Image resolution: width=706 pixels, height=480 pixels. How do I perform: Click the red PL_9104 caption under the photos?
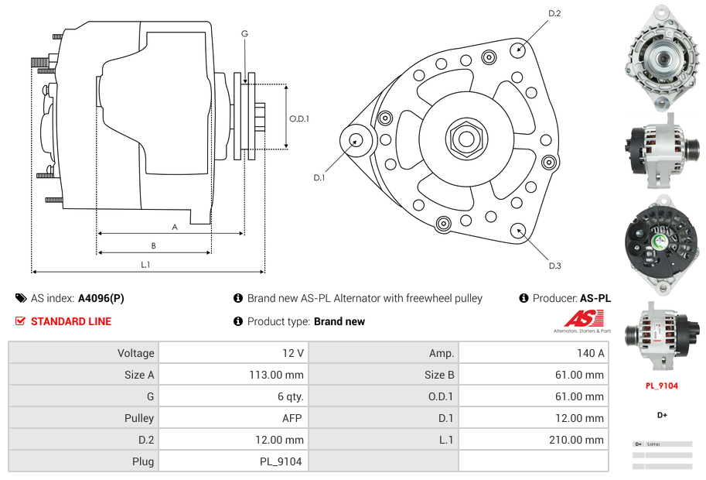[x=661, y=386]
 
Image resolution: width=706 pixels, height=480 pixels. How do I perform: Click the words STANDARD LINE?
[x=71, y=321]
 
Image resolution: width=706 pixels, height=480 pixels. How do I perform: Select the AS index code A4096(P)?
[x=101, y=298]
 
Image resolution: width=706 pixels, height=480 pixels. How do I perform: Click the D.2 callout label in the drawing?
[x=554, y=14]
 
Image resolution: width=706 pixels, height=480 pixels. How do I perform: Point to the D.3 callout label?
[x=554, y=266]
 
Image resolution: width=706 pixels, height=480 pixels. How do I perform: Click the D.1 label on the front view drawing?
[x=319, y=177]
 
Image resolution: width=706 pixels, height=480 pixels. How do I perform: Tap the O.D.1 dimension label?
[x=299, y=118]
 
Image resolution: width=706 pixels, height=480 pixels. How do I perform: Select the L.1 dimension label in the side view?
[x=145, y=265]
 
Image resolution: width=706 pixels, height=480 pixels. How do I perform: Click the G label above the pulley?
[x=244, y=33]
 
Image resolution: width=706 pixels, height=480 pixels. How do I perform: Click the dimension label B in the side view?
[x=153, y=246]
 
